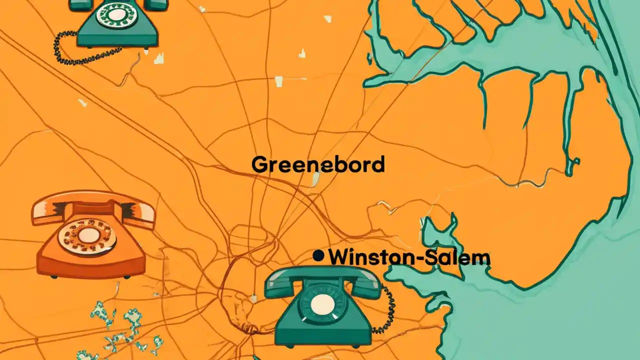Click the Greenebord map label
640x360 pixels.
tap(318, 164)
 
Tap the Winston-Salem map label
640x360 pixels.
tap(409, 257)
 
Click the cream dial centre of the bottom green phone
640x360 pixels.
tap(322, 303)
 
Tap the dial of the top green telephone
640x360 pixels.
tap(116, 14)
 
